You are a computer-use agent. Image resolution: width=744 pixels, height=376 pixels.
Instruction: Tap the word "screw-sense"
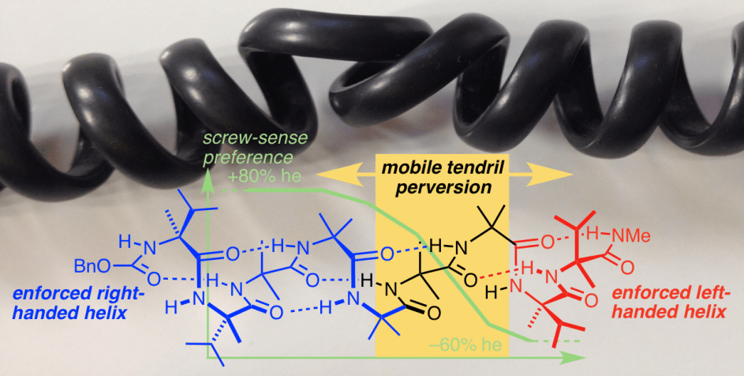[241, 140]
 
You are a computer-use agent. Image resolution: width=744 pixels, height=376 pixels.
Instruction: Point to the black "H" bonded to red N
[495, 291]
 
